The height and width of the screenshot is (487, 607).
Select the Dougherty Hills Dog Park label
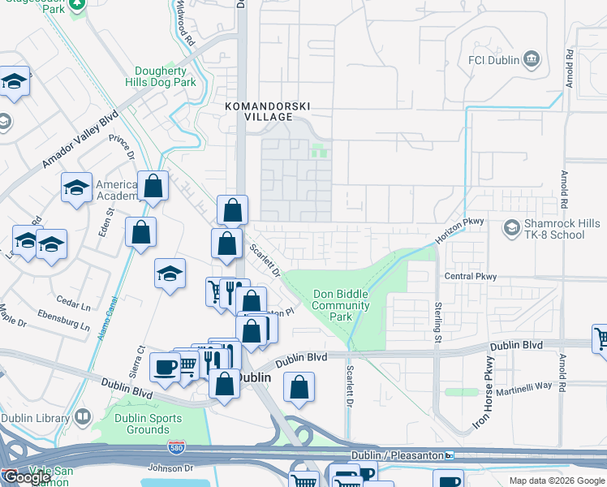pos(161,77)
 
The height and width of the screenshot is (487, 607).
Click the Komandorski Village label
pos(269,111)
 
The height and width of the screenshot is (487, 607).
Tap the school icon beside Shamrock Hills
pos(511,227)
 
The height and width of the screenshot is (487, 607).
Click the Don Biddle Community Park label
pos(340,305)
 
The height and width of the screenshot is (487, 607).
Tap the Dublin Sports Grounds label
pos(137,424)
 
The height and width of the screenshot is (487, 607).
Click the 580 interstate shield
pos(176,447)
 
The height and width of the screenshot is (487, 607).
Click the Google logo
pos(27,477)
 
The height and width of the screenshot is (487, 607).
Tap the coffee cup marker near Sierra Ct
pos(165,367)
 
